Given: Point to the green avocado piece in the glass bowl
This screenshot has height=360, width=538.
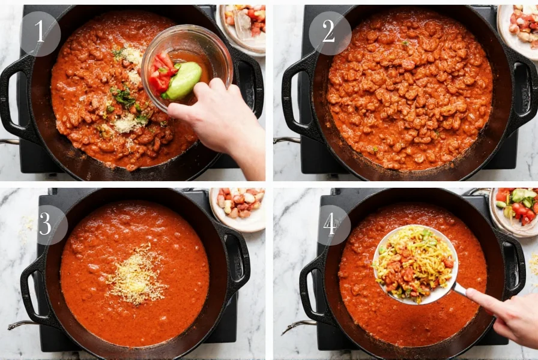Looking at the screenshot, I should [x=183, y=81].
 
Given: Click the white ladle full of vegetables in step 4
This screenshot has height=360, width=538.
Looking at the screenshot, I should [x=415, y=264].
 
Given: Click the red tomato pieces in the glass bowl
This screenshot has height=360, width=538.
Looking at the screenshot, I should [x=160, y=73].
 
